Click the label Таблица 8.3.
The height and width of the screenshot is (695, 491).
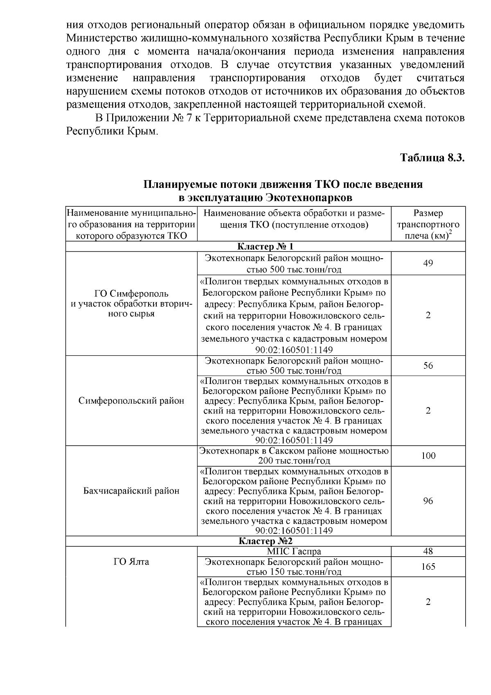pyautogui.click(x=432, y=158)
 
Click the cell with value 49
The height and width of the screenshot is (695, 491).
pyautogui.click(x=428, y=263)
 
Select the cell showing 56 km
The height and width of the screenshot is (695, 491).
pyautogui.click(x=428, y=366)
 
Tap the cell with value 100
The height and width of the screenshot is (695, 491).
pyautogui.click(x=428, y=456)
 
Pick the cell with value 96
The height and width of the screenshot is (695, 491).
pyautogui.click(x=428, y=501)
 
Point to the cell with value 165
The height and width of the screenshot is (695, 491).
pyautogui.click(x=428, y=566)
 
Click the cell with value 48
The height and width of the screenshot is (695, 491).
pyautogui.click(x=428, y=551)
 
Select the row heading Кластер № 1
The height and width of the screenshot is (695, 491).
pyautogui.click(x=265, y=246)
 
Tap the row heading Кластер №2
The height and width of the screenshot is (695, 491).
pyautogui.click(x=265, y=541)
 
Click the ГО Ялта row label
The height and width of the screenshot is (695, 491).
pyautogui.click(x=131, y=562)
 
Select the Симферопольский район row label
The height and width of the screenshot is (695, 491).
pyautogui.click(x=131, y=401)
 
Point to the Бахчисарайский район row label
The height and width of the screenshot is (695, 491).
pyautogui.click(x=131, y=490)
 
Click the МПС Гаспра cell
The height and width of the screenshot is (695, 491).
pyautogui.click(x=294, y=551)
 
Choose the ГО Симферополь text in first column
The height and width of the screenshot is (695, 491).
pyautogui.click(x=131, y=293)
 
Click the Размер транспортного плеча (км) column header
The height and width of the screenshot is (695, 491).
pyautogui.click(x=428, y=224)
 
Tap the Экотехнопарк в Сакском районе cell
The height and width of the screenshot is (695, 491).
pyautogui.click(x=294, y=456)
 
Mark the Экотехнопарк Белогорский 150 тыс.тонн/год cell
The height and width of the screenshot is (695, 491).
pyautogui.click(x=294, y=566)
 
